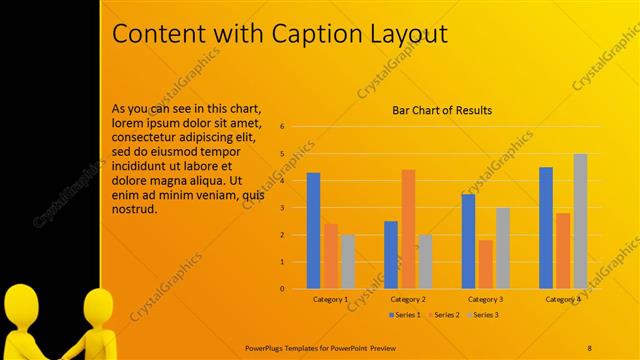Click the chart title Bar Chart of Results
click(x=441, y=111)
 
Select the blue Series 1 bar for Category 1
click(x=313, y=230)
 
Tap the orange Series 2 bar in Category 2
click(x=408, y=229)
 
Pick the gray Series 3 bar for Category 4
click(x=580, y=221)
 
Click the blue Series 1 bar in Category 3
click(x=468, y=241)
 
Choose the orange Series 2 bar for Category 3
click(x=485, y=264)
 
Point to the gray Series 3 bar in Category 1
click(x=347, y=261)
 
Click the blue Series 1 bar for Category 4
click(x=545, y=228)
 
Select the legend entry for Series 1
click(x=403, y=315)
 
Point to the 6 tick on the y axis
click(x=283, y=127)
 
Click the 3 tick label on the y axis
click(x=283, y=208)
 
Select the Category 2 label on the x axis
click(x=408, y=299)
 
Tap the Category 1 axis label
click(x=330, y=299)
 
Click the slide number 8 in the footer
click(x=590, y=347)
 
